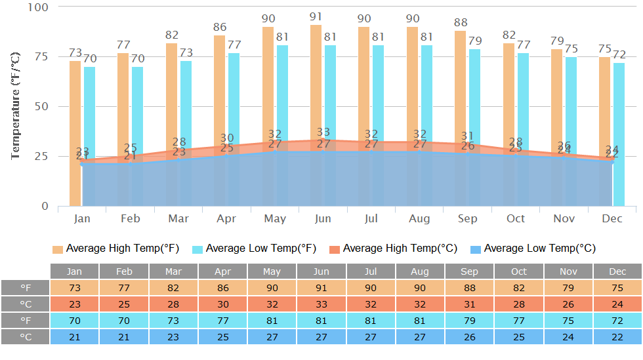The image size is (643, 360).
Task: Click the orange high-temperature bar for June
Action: [316, 79]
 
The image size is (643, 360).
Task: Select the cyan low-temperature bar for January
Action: [89, 105]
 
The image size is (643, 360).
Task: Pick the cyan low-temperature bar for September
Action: [474, 98]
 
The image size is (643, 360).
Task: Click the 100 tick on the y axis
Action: [39, 7]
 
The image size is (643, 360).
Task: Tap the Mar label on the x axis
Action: [178, 218]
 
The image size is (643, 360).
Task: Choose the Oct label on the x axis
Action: [516, 218]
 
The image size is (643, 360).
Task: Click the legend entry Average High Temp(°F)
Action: [115, 249]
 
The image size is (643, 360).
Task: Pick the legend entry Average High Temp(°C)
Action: [393, 249]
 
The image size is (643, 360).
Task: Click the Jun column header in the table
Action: [321, 271]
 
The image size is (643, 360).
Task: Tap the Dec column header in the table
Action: [617, 271]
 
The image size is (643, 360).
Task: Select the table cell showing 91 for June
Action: [321, 288]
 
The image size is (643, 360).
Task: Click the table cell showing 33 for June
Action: [321, 304]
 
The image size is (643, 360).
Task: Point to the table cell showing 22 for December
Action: [617, 336]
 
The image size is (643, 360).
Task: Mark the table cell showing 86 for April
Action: [222, 288]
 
